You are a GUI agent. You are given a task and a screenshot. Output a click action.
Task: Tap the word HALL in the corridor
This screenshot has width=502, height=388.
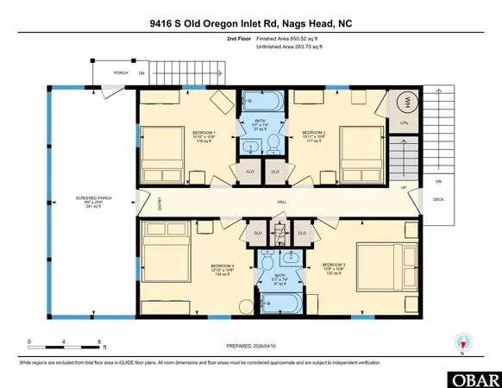point(282,203)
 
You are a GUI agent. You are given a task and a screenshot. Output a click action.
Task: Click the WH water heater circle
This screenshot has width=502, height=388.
point(402,103)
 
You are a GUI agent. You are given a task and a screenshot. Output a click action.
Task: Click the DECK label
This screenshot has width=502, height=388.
point(437,199)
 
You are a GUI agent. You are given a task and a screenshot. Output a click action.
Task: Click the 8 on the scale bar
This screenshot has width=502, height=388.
point(101,342)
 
